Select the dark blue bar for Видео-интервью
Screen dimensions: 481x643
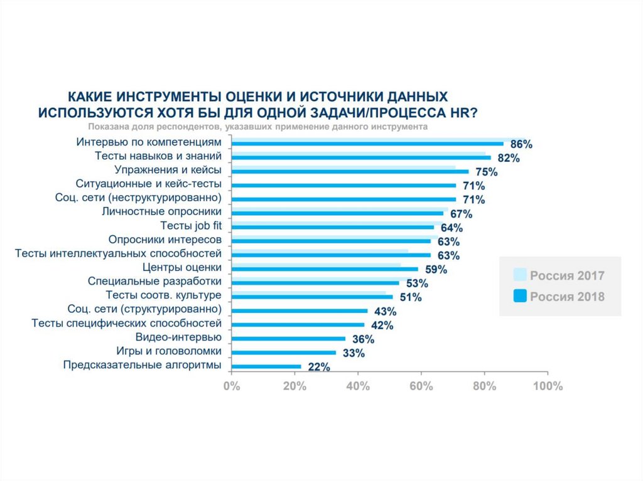288,339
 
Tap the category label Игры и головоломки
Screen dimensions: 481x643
169,352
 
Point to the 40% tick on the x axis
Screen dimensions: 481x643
358,386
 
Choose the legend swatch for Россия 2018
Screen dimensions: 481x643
519,297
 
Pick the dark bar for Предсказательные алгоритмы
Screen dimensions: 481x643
266,366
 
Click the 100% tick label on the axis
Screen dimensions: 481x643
547,386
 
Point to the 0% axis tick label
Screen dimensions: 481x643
232,386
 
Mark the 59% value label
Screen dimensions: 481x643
436,270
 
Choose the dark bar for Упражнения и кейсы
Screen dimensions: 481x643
350,171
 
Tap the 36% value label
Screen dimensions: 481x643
363,340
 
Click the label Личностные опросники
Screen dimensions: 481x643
161,211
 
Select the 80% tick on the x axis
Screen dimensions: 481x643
484,386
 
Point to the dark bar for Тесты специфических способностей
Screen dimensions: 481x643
298,325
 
